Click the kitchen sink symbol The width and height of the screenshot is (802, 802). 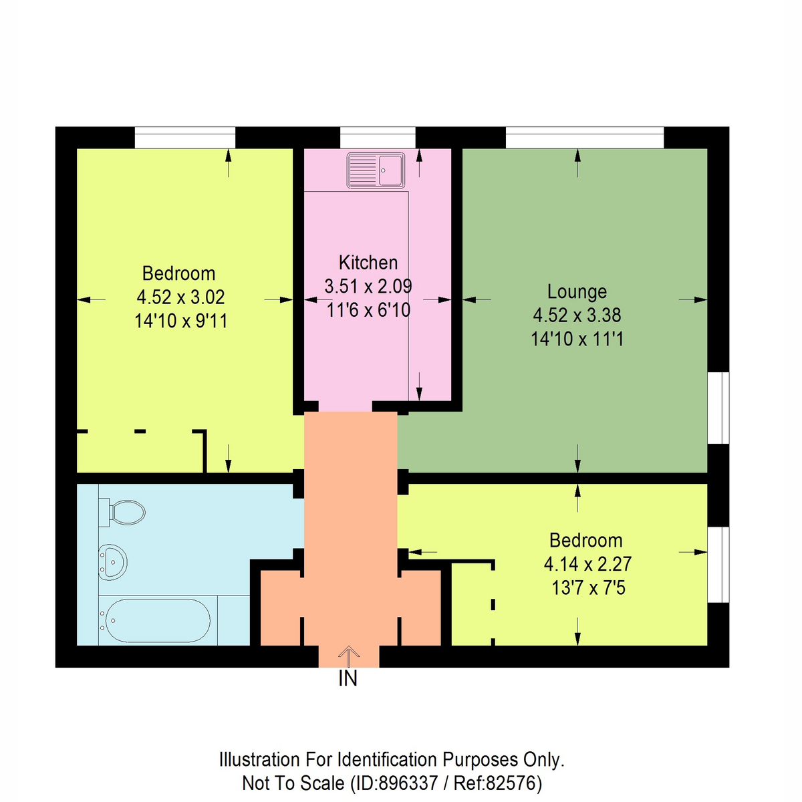pyautogui.click(x=375, y=170)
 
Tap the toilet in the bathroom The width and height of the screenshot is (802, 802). pyautogui.click(x=124, y=513)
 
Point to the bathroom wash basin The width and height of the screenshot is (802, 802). pyautogui.click(x=113, y=559)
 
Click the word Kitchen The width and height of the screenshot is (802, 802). pyautogui.click(x=368, y=263)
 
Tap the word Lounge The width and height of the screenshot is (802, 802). pyautogui.click(x=577, y=292)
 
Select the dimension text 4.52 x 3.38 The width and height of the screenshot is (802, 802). pyautogui.click(x=577, y=315)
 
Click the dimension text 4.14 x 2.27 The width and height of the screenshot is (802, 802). pyautogui.click(x=587, y=564)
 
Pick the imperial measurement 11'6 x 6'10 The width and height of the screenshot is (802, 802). pyautogui.click(x=368, y=310)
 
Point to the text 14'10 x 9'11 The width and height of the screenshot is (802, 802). pyautogui.click(x=180, y=321)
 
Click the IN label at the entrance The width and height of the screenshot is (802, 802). pyautogui.click(x=348, y=679)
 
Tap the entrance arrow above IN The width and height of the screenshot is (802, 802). pyautogui.click(x=348, y=656)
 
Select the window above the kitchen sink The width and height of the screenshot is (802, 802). pyautogui.click(x=378, y=137)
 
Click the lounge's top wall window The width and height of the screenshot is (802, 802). pyautogui.click(x=585, y=137)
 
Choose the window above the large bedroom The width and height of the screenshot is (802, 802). pyautogui.click(x=185, y=137)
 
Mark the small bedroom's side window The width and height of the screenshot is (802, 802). pyautogui.click(x=718, y=564)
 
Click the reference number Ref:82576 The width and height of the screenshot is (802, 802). pyautogui.click(x=497, y=783)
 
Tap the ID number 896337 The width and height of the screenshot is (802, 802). pyautogui.click(x=408, y=783)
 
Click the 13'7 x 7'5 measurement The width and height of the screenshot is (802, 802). pyautogui.click(x=587, y=589)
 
